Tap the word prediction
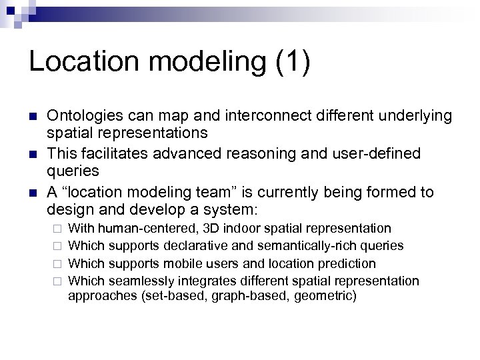pyautogui.click(x=347, y=263)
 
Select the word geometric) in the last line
pyautogui.click(x=328, y=295)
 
